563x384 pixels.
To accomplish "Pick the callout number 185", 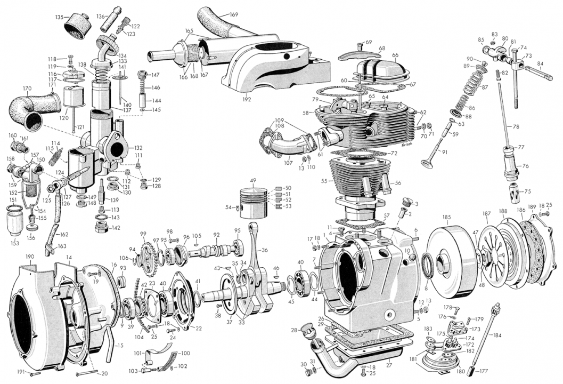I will pos(447,217).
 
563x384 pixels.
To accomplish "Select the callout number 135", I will pos(59,17).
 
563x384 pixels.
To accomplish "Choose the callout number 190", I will pos(30,257).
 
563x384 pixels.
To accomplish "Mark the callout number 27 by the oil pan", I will pos(389,366).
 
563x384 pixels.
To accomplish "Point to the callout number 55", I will pos(324,181).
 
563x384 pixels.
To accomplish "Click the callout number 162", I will pos(64,234).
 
